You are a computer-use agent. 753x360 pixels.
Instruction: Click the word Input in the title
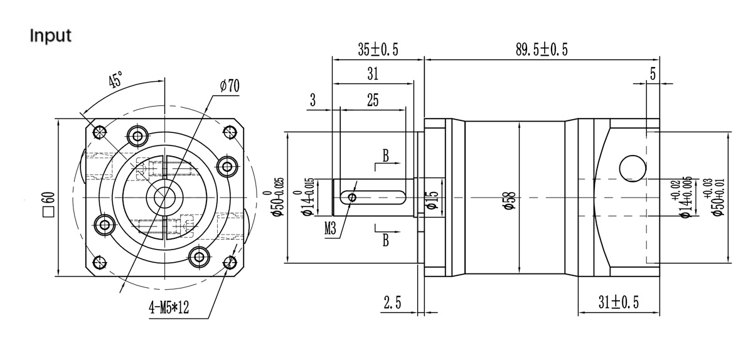(51, 36)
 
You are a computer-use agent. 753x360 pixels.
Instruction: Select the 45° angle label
(115, 80)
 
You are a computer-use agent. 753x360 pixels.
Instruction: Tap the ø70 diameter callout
(229, 87)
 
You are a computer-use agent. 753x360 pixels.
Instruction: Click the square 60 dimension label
(48, 204)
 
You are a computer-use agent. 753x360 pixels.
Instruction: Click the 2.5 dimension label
(392, 303)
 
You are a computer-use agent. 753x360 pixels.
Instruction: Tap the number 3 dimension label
(312, 100)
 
